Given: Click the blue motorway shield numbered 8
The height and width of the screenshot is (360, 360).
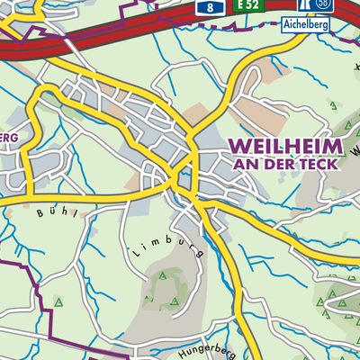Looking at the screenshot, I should point(210,6).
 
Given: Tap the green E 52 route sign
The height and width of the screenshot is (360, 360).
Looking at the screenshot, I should point(249,6).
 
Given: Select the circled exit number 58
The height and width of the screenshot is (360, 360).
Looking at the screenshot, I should point(322,5).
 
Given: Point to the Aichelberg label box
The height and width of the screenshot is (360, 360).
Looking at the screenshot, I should point(305,25).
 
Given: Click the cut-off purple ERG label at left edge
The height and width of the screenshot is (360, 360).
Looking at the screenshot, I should point(9,136).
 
